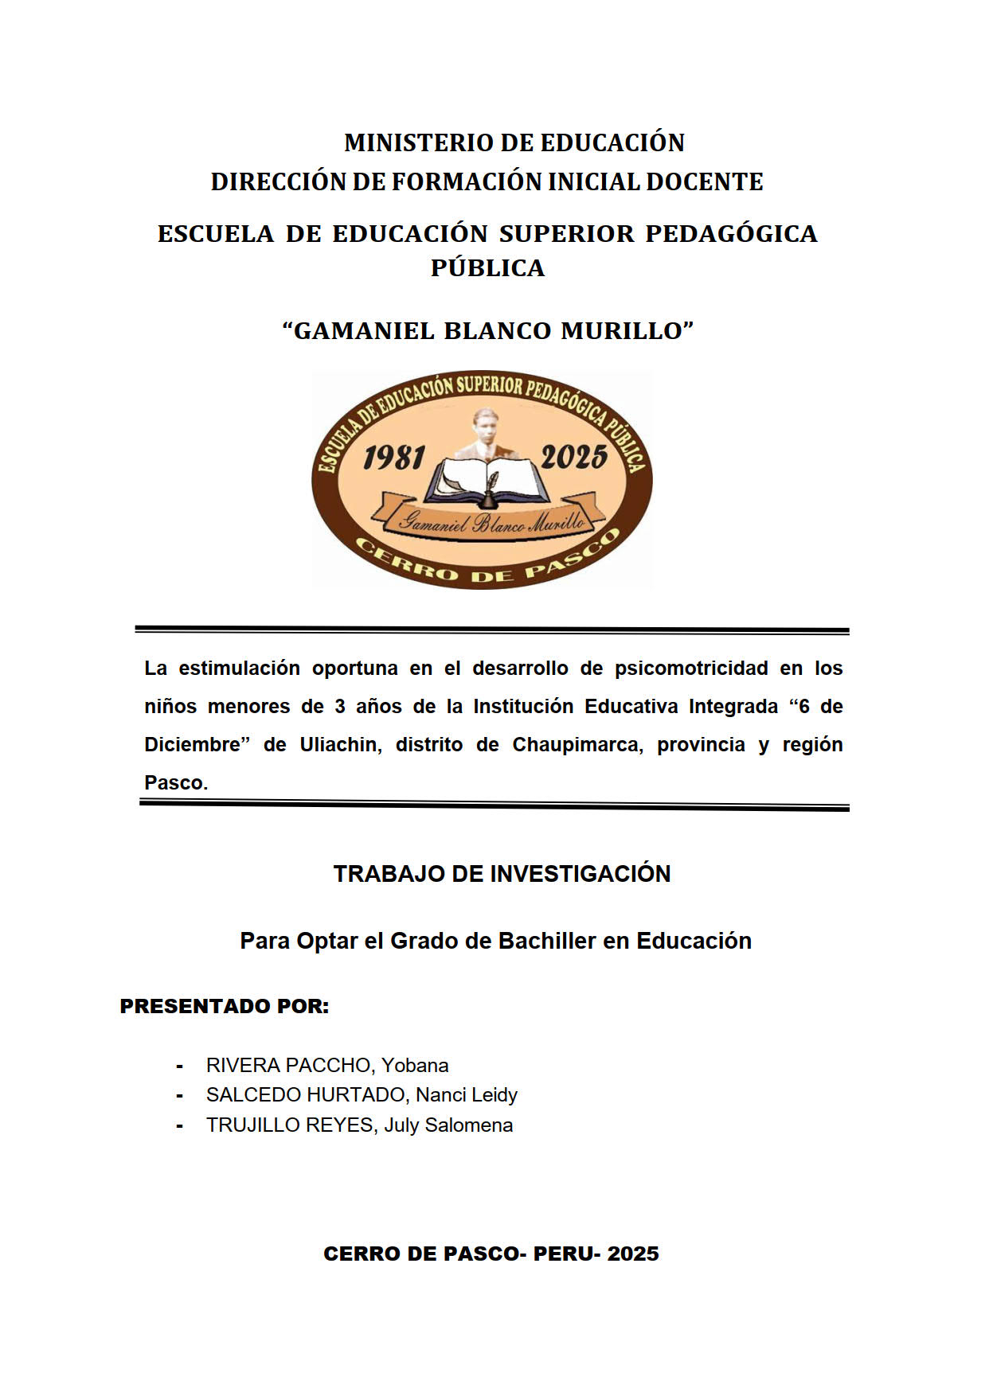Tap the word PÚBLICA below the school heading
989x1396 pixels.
coord(487,268)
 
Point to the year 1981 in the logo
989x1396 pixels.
coord(393,458)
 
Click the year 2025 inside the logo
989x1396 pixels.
coord(573,458)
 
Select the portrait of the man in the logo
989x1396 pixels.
coord(485,434)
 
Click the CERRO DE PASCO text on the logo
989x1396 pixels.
coord(486,564)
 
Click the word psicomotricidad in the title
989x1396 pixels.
coord(691,669)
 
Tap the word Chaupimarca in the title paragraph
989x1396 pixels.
coord(577,745)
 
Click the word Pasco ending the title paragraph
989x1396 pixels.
coord(174,783)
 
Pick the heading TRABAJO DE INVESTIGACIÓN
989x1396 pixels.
coord(502,874)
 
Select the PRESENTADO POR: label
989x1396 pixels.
coord(225,1007)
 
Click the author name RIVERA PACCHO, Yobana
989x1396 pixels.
coord(327,1066)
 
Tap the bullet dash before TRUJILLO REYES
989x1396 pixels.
coord(181,1126)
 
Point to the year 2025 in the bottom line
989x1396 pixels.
coord(633,1254)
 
